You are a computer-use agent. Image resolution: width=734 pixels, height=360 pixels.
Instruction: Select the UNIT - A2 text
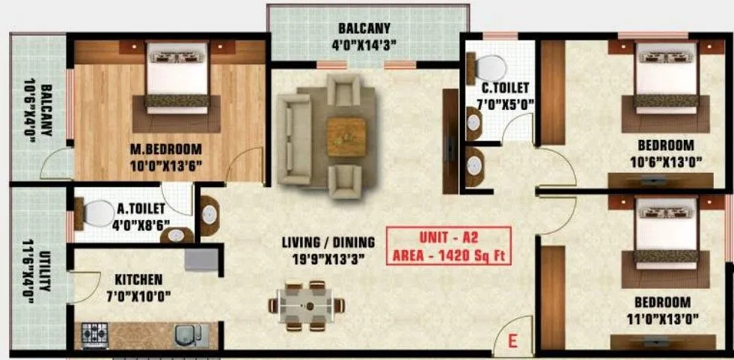tap(449, 237)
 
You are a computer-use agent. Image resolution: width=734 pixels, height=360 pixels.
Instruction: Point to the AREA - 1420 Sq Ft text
tap(449, 254)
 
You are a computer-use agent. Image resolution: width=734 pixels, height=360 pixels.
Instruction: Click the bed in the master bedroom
tap(177, 76)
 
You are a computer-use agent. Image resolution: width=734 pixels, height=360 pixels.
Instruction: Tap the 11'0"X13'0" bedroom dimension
tap(661, 318)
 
